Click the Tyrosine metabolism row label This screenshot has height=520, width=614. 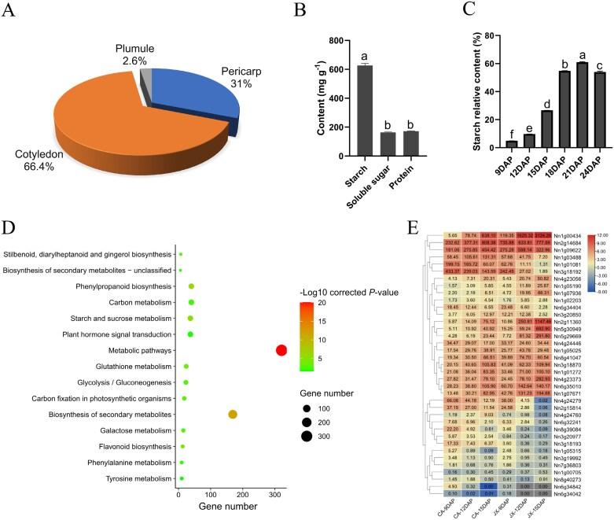(x=131, y=479)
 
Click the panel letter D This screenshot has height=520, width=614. (x=11, y=230)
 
